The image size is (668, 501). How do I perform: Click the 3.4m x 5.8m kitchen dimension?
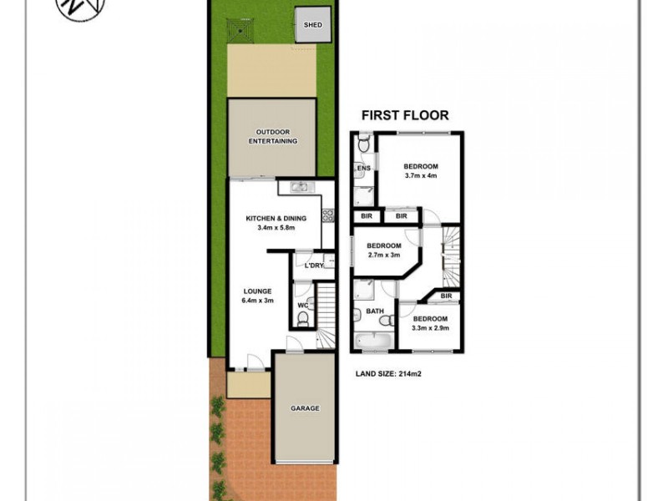point(276,228)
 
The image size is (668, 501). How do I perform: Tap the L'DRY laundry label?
point(314,266)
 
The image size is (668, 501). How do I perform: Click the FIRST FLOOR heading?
point(404,116)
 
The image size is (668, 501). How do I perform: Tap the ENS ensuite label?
point(363,169)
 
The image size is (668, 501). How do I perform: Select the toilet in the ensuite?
point(362,146)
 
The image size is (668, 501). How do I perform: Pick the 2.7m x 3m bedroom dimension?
point(384,256)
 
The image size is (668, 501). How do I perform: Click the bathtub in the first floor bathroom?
point(374,340)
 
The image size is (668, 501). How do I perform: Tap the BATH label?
point(374,312)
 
